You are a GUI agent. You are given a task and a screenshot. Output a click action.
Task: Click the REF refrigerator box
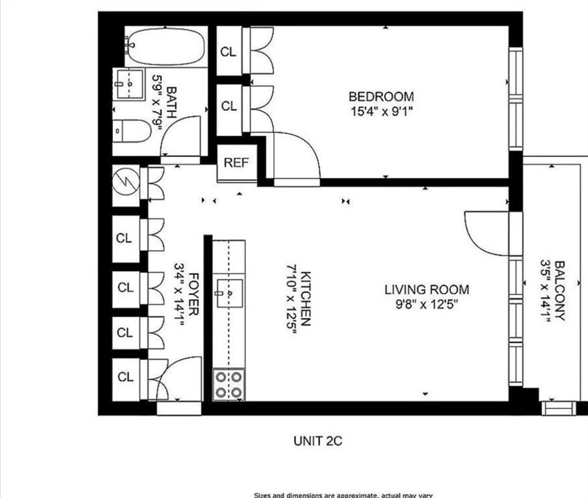[x=236, y=163]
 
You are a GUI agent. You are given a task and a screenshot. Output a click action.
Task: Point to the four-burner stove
[x=229, y=384]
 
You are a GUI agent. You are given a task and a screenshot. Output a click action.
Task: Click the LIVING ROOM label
[x=426, y=289]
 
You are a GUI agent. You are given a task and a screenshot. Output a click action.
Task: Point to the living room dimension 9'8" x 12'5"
[x=426, y=303]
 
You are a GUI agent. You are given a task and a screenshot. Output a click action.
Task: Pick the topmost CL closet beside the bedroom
[x=228, y=52]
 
